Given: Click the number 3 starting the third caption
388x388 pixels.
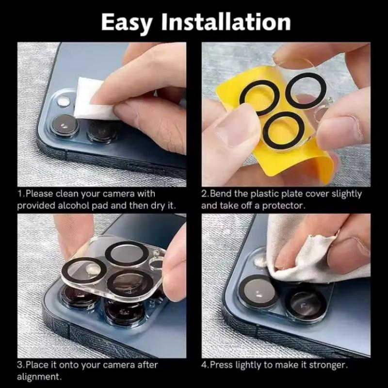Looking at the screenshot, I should pyautogui.click(x=19, y=365).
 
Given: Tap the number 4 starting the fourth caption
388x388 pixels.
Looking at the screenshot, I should pyautogui.click(x=204, y=365).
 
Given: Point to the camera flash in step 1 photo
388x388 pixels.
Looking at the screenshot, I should pyautogui.click(x=63, y=103).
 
